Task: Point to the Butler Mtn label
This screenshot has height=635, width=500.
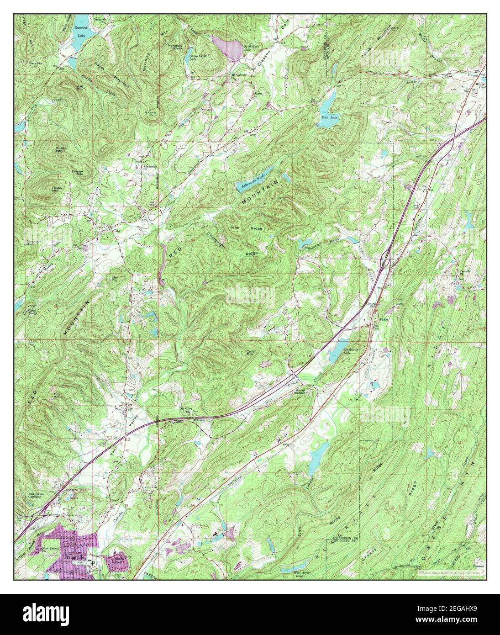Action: (61, 150)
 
